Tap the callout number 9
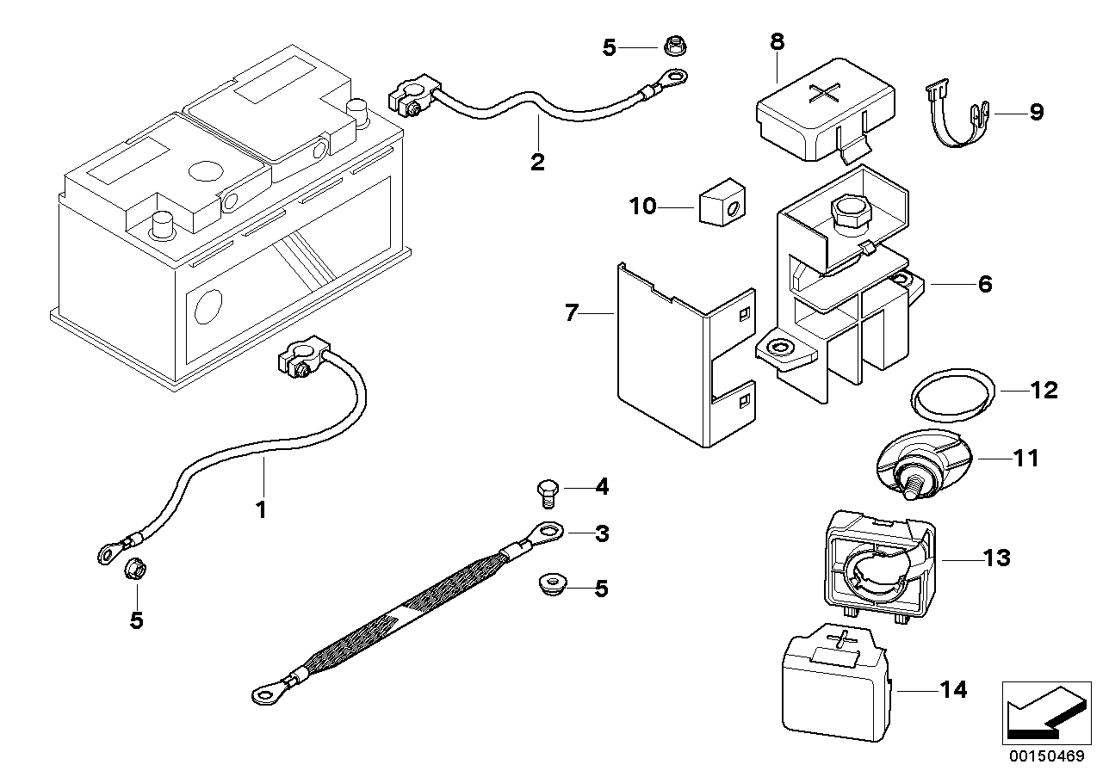[1036, 112]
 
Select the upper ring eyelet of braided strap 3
[548, 533]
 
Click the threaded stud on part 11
[910, 484]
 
